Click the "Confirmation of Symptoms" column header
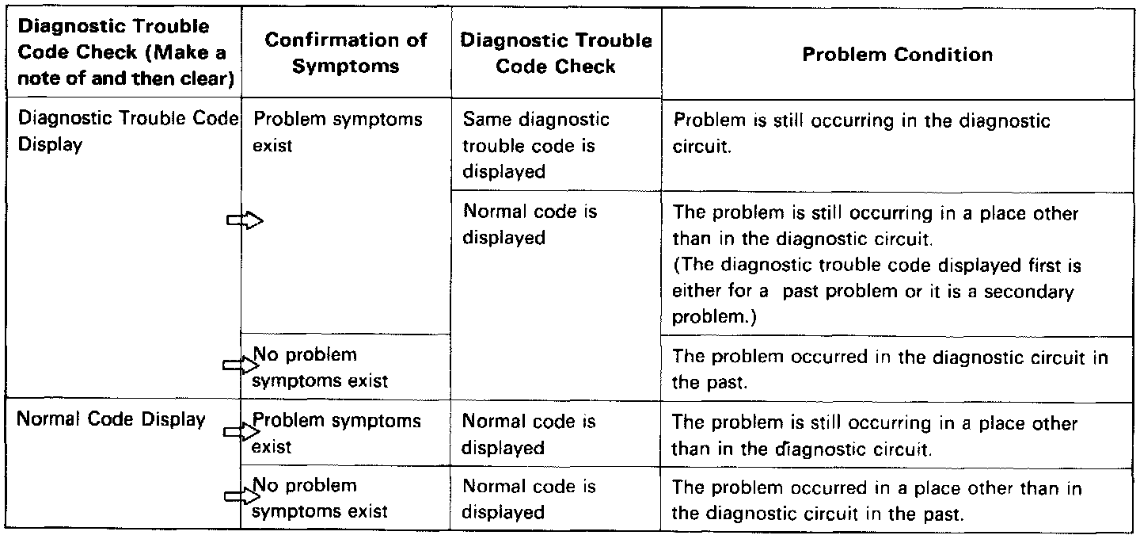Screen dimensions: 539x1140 [346, 52]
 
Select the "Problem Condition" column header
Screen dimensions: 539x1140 [897, 55]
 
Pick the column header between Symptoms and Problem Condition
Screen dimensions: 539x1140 [555, 52]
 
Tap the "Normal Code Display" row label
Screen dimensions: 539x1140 [111, 420]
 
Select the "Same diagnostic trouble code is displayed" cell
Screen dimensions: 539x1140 [536, 146]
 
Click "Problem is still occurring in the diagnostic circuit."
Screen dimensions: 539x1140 [861, 133]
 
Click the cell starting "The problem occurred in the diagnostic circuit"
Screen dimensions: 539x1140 [890, 369]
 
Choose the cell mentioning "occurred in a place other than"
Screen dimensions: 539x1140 [876, 500]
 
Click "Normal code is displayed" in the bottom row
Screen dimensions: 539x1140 [530, 499]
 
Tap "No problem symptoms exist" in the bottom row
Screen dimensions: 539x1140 [320, 499]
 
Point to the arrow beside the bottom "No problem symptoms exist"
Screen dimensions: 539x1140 [241, 496]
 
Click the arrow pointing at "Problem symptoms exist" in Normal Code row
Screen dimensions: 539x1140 [241, 432]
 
